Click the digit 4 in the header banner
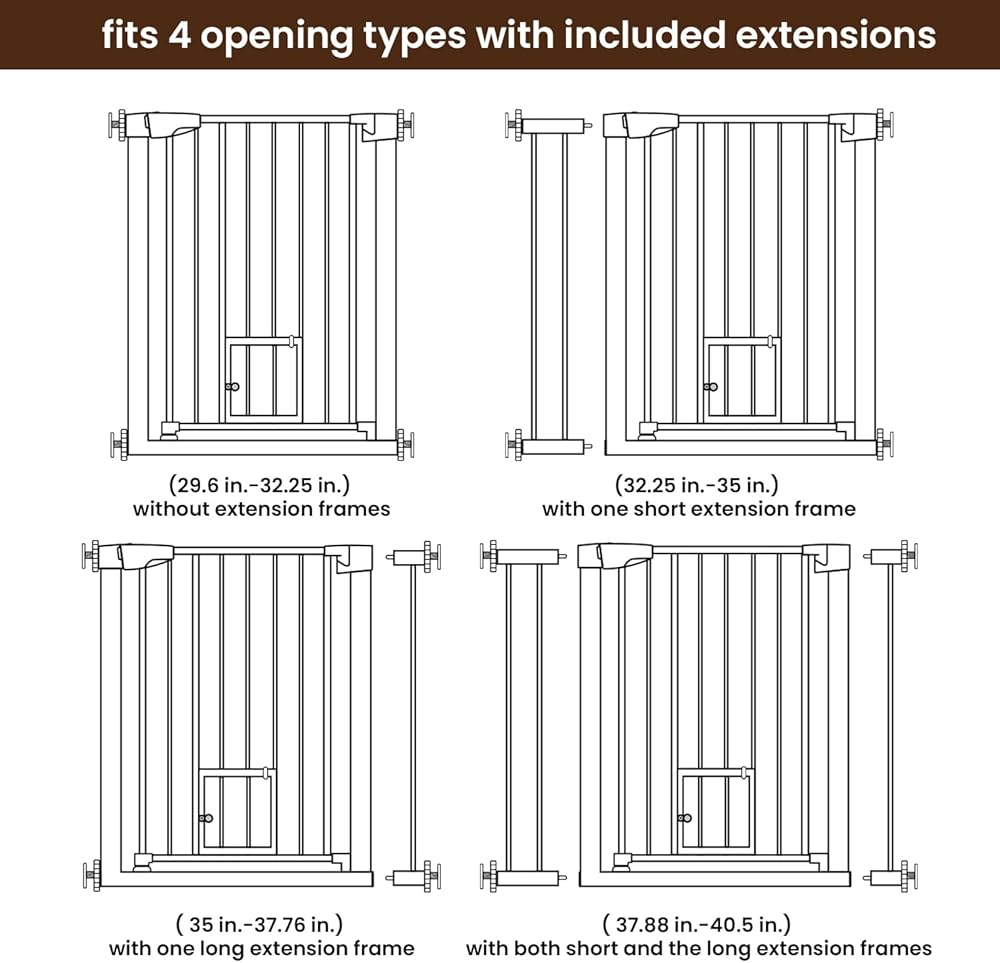[180, 34]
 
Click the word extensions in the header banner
[835, 34]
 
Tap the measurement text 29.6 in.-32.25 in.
[260, 485]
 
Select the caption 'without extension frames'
[261, 509]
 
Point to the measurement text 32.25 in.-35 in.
[697, 485]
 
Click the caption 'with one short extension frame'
[698, 509]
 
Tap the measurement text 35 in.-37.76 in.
[259, 924]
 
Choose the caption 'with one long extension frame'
[261, 948]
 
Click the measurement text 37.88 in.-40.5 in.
[696, 924]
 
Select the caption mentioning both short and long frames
[699, 948]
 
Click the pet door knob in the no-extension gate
[233, 386]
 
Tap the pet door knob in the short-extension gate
[711, 386]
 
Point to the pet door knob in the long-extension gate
[206, 818]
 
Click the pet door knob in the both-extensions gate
[685, 818]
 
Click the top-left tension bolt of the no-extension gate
[117, 124]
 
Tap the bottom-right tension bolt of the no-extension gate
[405, 444]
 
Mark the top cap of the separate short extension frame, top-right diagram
[552, 125]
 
